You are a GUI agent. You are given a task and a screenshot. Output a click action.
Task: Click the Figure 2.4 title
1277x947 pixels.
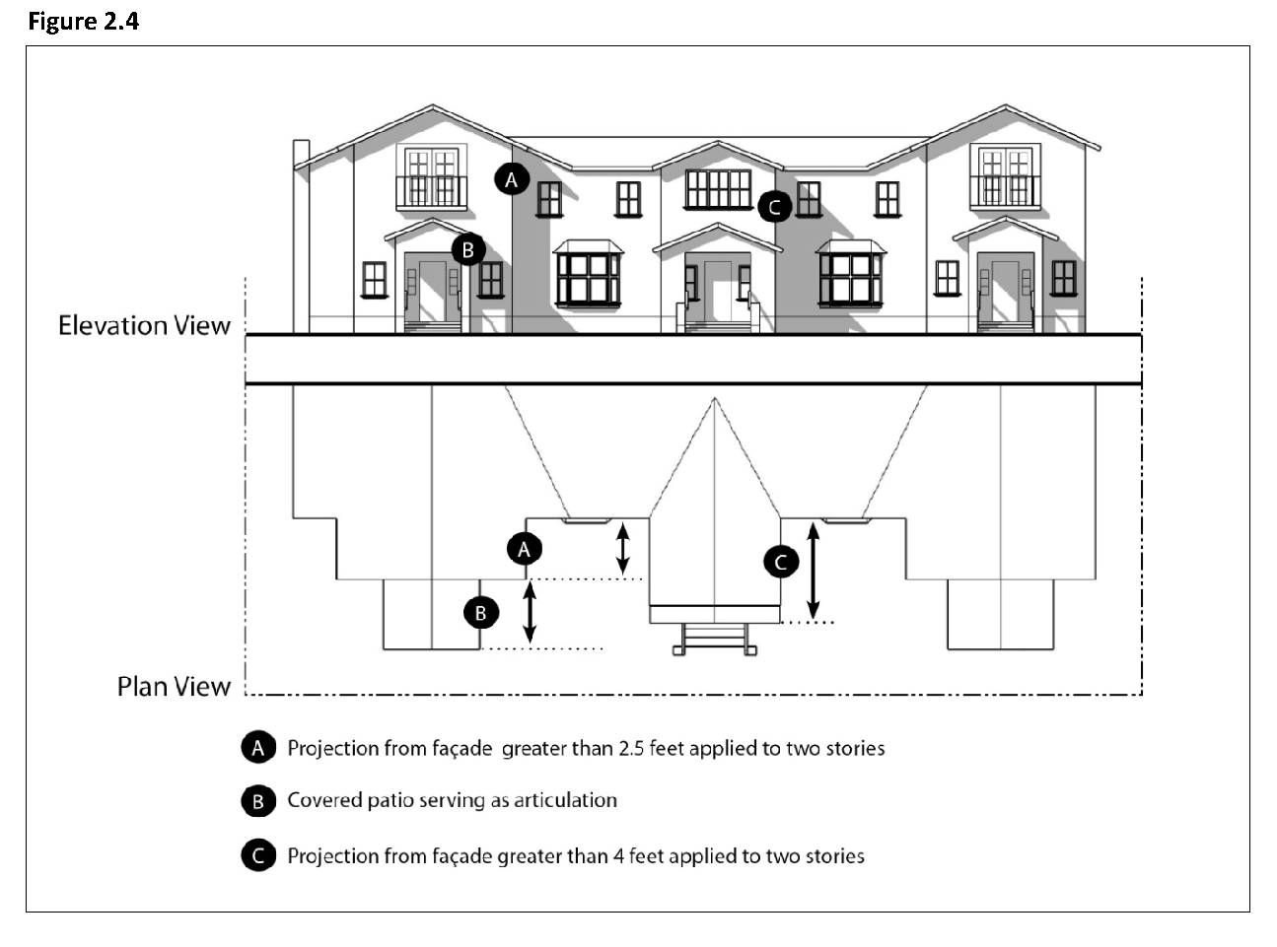coord(83,21)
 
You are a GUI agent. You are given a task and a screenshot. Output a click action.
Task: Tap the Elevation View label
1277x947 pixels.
coord(144,325)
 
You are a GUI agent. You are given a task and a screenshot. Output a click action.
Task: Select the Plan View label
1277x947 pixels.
coord(174,686)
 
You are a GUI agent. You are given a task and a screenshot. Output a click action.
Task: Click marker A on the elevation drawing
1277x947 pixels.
coord(511,179)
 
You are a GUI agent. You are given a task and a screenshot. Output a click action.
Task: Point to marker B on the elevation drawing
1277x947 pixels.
coord(468,249)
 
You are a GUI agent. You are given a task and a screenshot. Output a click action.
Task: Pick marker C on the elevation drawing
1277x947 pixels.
coord(774,207)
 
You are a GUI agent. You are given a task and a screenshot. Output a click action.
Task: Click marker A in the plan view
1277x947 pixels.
coord(525,548)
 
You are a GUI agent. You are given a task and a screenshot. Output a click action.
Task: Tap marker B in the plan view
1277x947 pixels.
coord(481,613)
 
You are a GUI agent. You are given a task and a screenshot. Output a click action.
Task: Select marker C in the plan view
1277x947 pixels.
coord(781,562)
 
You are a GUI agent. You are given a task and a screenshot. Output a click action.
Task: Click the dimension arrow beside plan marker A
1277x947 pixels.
coord(622,548)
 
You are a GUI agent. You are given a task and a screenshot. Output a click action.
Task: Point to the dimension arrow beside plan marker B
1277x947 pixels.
coord(530,613)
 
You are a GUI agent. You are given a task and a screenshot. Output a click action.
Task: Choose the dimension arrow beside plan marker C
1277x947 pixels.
coord(813,570)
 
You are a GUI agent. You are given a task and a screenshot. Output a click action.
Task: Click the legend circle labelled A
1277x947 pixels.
coord(257,748)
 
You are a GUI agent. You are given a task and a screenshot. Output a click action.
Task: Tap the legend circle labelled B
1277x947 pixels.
coord(257,801)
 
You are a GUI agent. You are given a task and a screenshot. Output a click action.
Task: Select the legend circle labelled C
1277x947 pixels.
coord(257,855)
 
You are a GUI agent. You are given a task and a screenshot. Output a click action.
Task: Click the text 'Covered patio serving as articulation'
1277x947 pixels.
coord(452,800)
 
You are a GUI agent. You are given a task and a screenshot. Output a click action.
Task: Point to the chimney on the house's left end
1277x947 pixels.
coord(301,237)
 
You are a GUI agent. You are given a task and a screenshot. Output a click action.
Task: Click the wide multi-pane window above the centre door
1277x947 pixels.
coord(718,188)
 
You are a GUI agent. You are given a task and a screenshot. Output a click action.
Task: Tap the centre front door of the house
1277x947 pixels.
coord(717,292)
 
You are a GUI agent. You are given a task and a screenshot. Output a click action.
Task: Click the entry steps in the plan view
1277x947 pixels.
coord(716,640)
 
